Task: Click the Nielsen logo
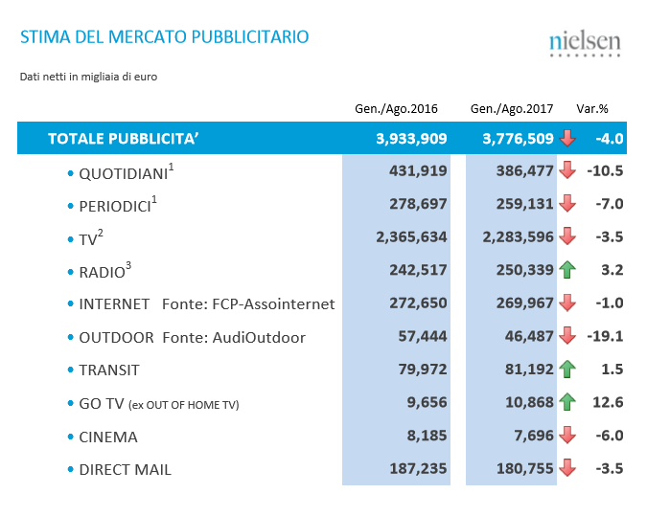(585, 43)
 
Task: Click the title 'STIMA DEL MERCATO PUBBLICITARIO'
(165, 37)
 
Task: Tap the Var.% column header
(592, 108)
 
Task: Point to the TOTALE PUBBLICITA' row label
(124, 139)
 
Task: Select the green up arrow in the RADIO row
(567, 271)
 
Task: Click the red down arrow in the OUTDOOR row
(567, 337)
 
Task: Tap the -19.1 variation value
(605, 337)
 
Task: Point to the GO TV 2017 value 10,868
(524, 403)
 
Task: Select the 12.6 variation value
(609, 403)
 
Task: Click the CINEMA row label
(108, 437)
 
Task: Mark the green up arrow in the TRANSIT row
(567, 370)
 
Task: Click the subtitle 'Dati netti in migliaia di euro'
(88, 77)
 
